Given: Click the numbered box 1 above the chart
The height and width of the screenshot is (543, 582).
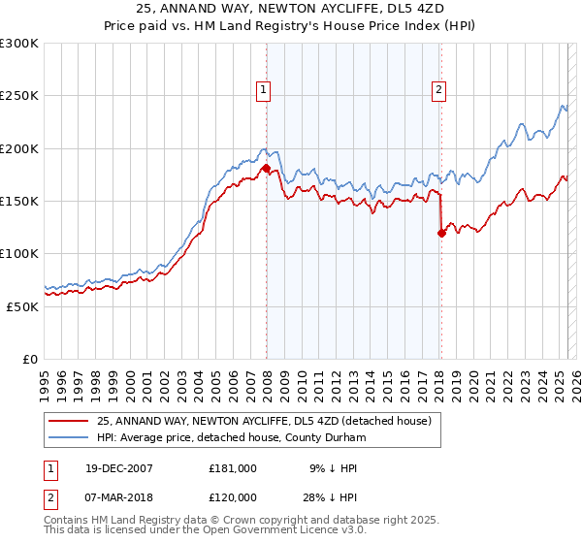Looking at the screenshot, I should tap(263, 90).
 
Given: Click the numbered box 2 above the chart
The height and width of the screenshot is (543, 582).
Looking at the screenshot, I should tap(438, 90).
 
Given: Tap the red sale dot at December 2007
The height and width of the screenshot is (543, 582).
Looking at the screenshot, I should tap(266, 169).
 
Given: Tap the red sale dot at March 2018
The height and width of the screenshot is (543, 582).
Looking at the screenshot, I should tap(441, 233).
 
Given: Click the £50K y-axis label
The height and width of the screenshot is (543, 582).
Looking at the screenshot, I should tap(22, 306).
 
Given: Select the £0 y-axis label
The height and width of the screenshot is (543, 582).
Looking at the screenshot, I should tap(30, 359).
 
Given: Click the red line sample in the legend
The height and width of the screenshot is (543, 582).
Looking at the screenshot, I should tap(69, 420).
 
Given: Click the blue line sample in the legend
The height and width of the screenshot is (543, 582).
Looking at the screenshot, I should tap(69, 437).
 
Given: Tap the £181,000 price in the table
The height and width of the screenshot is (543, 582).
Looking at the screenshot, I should tap(233, 468).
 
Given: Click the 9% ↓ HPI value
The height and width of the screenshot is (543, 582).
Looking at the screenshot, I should tap(333, 468).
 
